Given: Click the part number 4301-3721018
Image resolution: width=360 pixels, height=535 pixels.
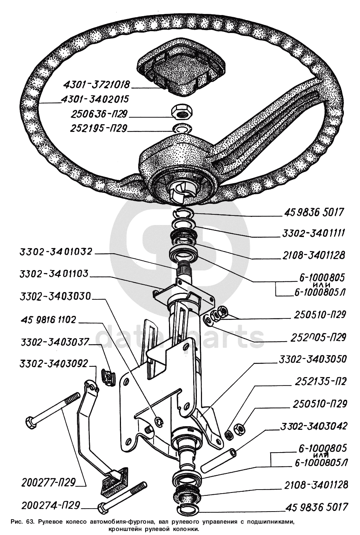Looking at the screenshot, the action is [x=96, y=84].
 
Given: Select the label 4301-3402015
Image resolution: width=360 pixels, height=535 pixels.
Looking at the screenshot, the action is [x=95, y=99].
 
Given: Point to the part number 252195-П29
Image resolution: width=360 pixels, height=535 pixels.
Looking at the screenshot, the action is [x=98, y=129].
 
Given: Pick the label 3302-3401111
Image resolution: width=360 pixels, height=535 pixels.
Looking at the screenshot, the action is [x=313, y=233].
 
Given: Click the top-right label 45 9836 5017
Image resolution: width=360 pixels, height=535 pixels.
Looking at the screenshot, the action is [x=313, y=212].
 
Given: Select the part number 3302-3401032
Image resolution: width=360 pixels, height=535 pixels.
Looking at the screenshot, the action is [x=56, y=252].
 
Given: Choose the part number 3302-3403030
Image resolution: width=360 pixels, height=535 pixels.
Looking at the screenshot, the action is [x=55, y=296].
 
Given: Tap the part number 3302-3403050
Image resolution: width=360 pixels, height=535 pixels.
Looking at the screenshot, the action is [x=312, y=359].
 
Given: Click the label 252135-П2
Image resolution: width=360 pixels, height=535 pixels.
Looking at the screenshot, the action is [x=320, y=381].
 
